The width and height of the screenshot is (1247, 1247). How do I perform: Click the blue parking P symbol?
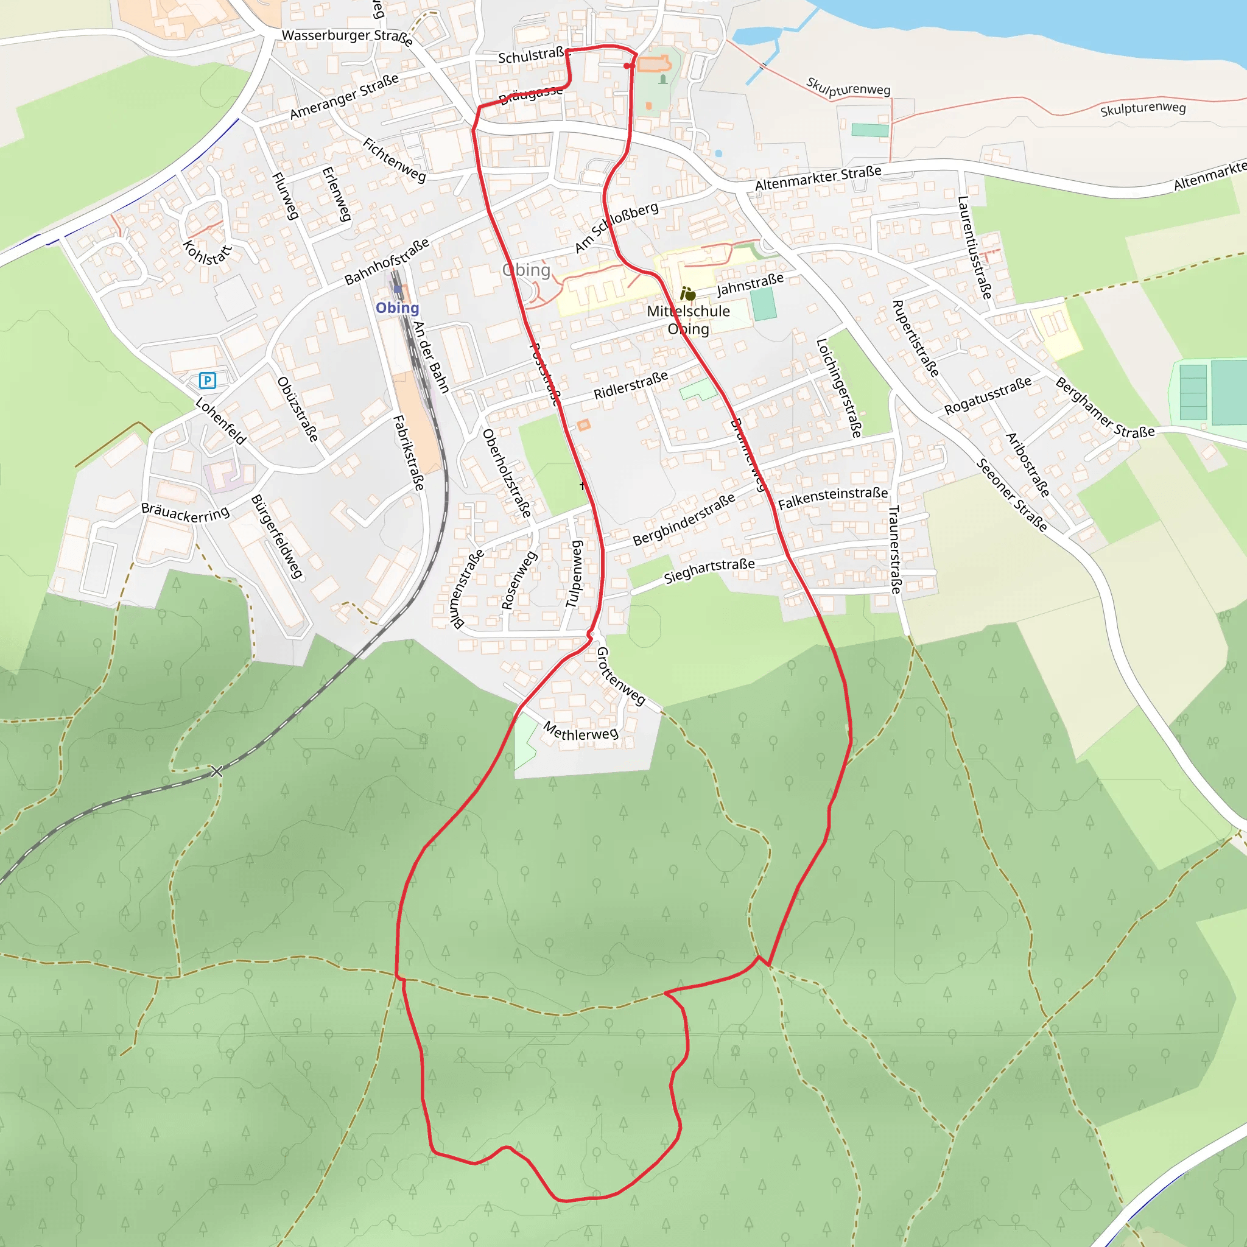click(x=207, y=380)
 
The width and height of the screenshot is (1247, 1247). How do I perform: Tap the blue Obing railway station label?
click(x=397, y=308)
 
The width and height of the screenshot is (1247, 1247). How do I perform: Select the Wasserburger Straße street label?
click(x=346, y=37)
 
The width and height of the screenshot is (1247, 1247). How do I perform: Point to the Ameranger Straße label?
click(x=344, y=97)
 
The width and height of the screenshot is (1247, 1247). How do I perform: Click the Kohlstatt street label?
click(x=206, y=253)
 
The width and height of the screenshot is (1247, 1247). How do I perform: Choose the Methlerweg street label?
click(x=581, y=731)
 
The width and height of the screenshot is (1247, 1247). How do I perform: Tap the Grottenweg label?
click(x=620, y=676)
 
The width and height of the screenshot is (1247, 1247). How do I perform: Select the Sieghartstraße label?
click(x=709, y=571)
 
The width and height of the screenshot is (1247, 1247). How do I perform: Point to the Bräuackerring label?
click(x=185, y=513)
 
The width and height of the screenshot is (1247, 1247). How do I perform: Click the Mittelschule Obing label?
click(x=688, y=320)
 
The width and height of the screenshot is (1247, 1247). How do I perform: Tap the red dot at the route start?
click(x=627, y=66)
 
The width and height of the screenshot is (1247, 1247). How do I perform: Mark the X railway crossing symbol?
click(x=217, y=771)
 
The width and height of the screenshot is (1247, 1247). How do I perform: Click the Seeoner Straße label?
click(x=1011, y=495)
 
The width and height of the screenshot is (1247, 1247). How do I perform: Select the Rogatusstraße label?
click(x=988, y=396)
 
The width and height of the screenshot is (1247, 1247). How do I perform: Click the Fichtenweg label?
click(x=395, y=160)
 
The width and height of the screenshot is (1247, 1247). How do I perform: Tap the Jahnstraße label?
click(x=750, y=284)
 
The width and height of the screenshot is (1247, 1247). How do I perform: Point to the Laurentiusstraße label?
click(x=974, y=248)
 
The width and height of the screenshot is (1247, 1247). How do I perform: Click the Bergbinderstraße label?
click(x=684, y=519)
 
